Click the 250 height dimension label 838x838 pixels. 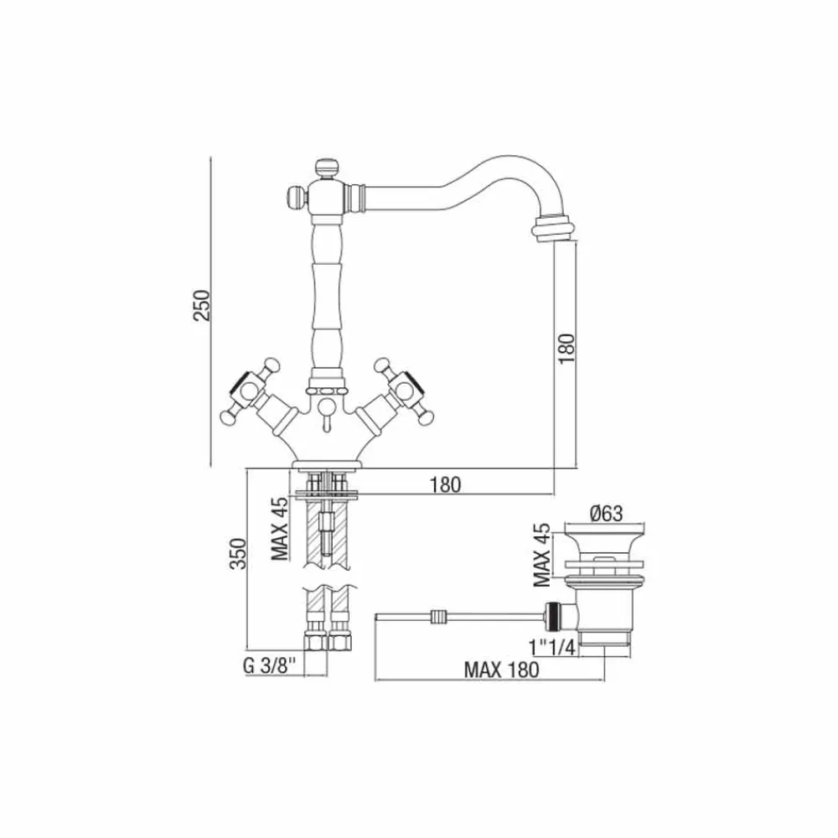point(202,305)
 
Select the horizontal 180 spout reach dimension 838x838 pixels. point(445,484)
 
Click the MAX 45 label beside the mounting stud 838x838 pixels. point(279,528)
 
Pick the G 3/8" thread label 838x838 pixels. point(269,666)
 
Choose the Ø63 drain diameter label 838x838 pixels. point(607,514)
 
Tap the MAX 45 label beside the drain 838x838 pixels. point(541,555)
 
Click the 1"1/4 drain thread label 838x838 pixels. point(551,648)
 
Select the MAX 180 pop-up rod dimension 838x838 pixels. point(501,669)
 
